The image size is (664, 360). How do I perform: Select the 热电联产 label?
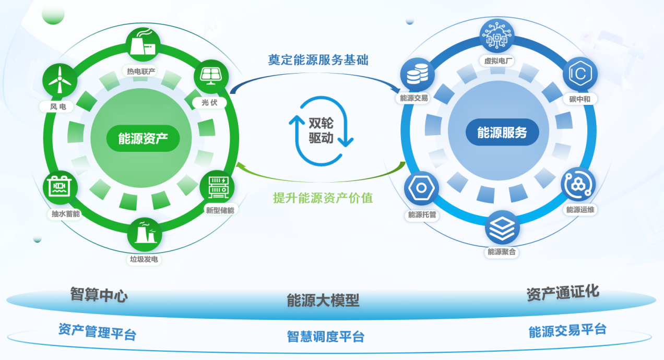click(141, 71)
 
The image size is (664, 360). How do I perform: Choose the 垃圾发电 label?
click(145, 259)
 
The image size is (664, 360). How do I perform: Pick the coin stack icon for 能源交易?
click(413, 74)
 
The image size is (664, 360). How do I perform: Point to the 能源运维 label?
click(580, 210)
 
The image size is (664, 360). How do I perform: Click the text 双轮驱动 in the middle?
click(321, 130)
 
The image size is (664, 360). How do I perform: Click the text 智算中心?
click(99, 295)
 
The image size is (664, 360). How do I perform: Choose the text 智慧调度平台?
click(325, 337)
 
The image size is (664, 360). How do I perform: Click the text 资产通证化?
click(562, 293)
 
